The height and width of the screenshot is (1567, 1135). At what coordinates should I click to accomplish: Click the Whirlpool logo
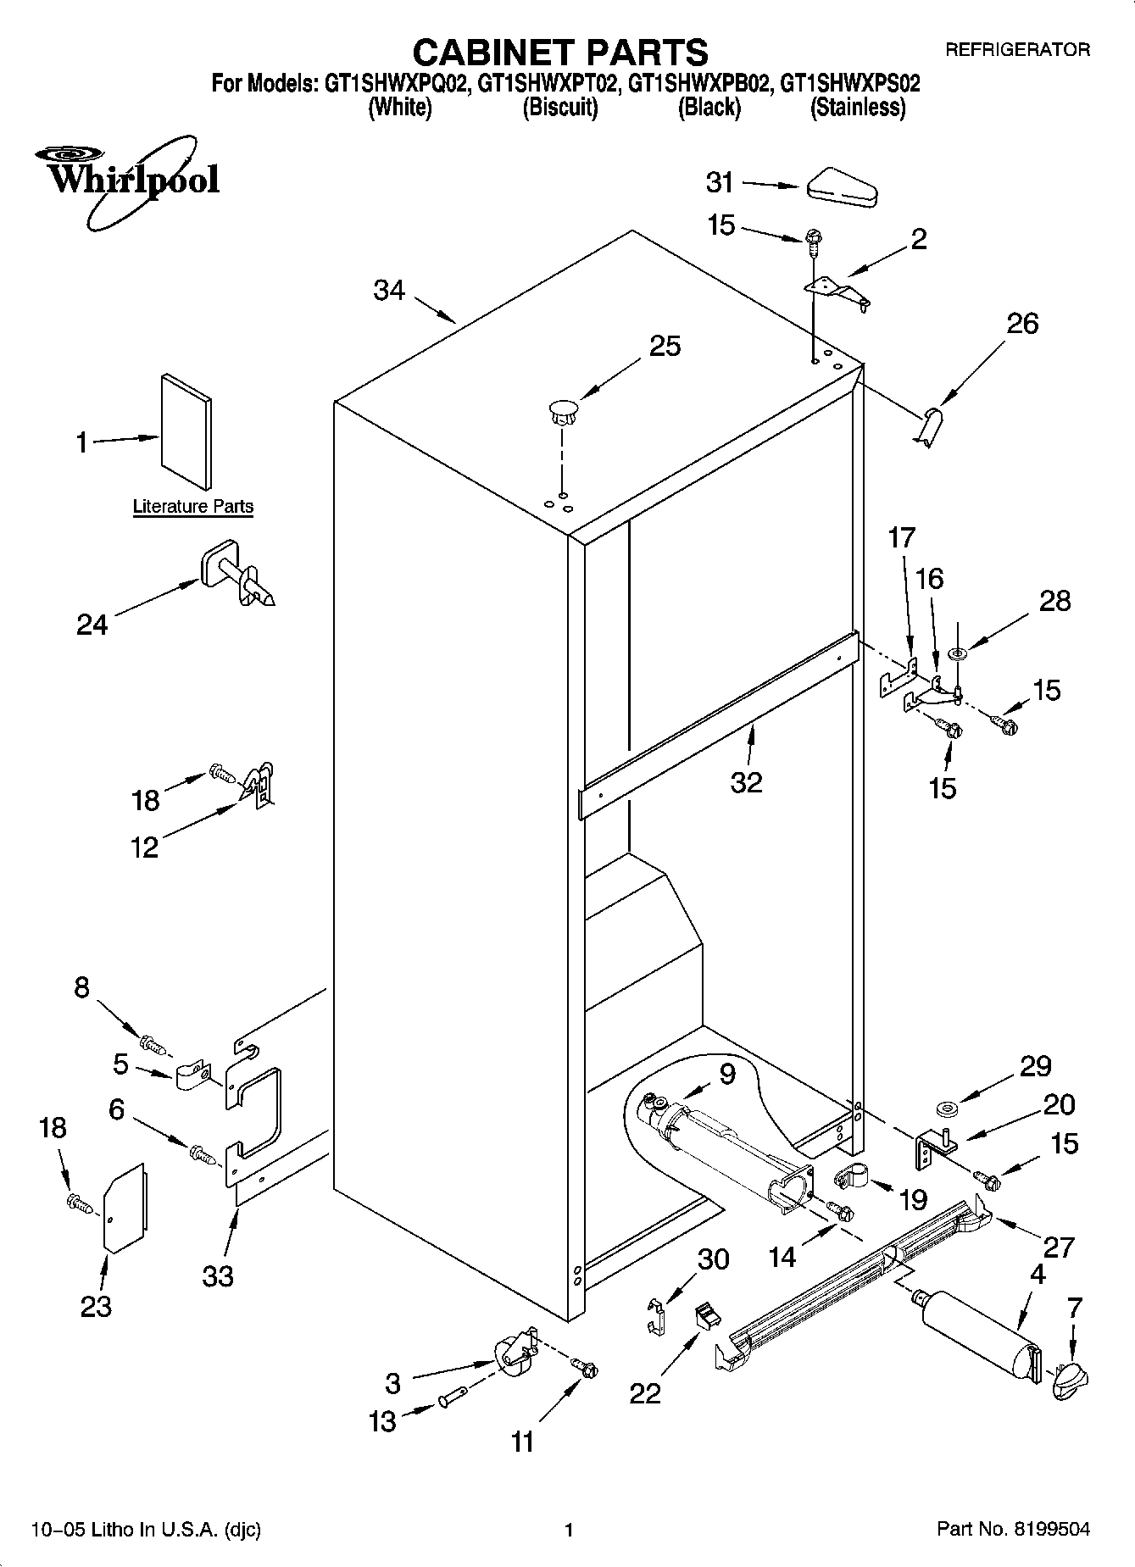pyautogui.click(x=127, y=181)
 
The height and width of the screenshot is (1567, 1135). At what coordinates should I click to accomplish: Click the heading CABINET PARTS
pyautogui.click(x=559, y=53)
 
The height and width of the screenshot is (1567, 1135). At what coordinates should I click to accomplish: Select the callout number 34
pyautogui.click(x=389, y=291)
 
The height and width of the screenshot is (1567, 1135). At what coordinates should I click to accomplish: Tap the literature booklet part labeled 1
pyautogui.click(x=186, y=431)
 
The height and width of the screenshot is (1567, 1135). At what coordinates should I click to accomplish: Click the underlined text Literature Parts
pyautogui.click(x=193, y=507)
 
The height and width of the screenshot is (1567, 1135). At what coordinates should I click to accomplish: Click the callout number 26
pyautogui.click(x=1022, y=323)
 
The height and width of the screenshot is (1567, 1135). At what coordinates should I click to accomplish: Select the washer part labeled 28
pyautogui.click(x=960, y=653)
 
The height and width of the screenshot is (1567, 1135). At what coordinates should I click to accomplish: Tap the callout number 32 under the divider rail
pyautogui.click(x=746, y=781)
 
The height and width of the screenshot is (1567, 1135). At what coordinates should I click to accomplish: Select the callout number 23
pyautogui.click(x=96, y=1306)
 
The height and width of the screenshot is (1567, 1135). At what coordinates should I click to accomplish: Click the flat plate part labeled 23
pyautogui.click(x=125, y=1207)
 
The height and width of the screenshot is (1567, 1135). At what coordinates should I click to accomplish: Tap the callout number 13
pyautogui.click(x=382, y=1421)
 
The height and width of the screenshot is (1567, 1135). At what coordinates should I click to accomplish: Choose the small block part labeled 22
pyautogui.click(x=706, y=1315)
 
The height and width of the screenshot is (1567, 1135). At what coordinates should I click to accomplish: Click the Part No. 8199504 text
pyautogui.click(x=1013, y=1529)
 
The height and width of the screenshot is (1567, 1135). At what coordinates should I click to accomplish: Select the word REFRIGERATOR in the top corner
pyautogui.click(x=1017, y=50)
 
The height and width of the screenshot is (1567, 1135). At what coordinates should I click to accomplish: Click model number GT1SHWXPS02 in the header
pyautogui.click(x=849, y=84)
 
